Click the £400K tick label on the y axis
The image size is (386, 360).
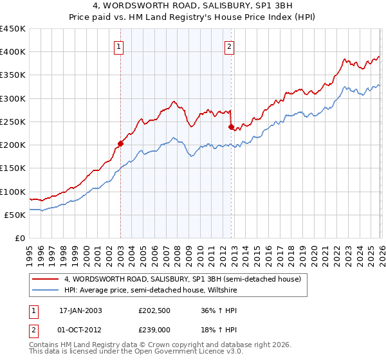12,52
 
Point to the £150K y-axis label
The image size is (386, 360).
12,168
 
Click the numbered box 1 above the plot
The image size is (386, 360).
120,46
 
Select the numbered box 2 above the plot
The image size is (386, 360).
230,46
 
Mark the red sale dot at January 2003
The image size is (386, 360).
120,144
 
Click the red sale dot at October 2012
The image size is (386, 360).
230,127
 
